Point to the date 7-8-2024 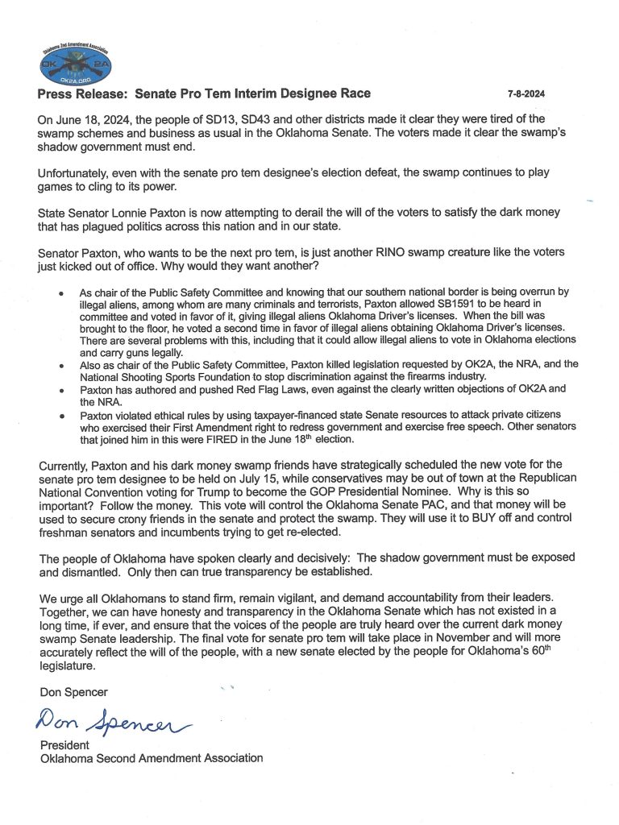[526, 94]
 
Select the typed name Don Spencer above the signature [73, 692]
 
